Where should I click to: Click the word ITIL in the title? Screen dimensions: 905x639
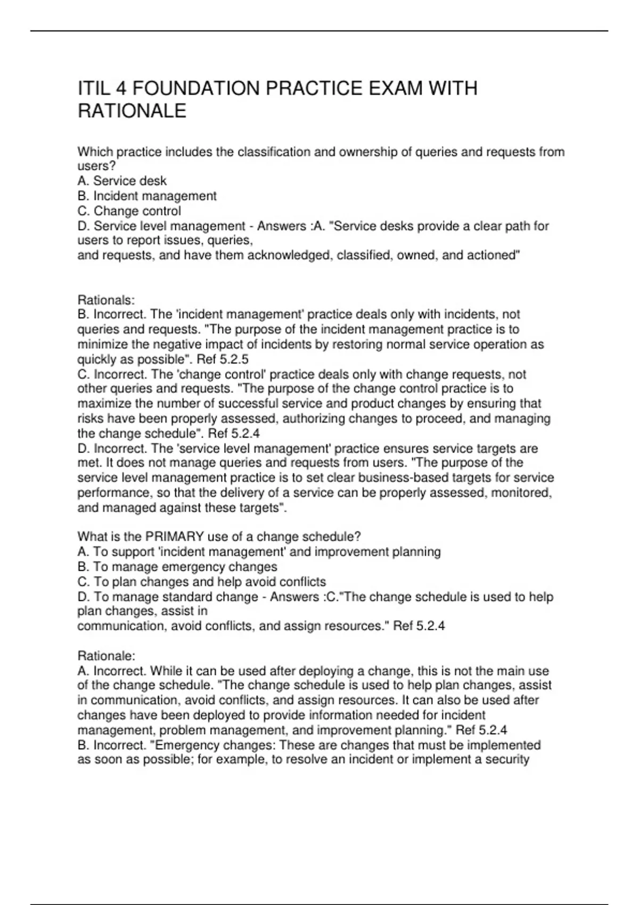(x=93, y=88)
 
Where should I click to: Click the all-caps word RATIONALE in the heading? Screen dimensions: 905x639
(x=132, y=111)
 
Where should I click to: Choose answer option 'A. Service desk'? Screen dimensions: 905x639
(x=122, y=181)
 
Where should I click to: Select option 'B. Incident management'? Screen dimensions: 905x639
(x=147, y=196)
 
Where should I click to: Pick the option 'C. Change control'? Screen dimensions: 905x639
(x=129, y=211)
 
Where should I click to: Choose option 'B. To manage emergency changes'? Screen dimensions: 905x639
(x=177, y=567)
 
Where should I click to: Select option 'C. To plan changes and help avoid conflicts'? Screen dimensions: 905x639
(x=202, y=582)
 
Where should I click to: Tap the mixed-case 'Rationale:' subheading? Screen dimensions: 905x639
(x=106, y=655)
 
